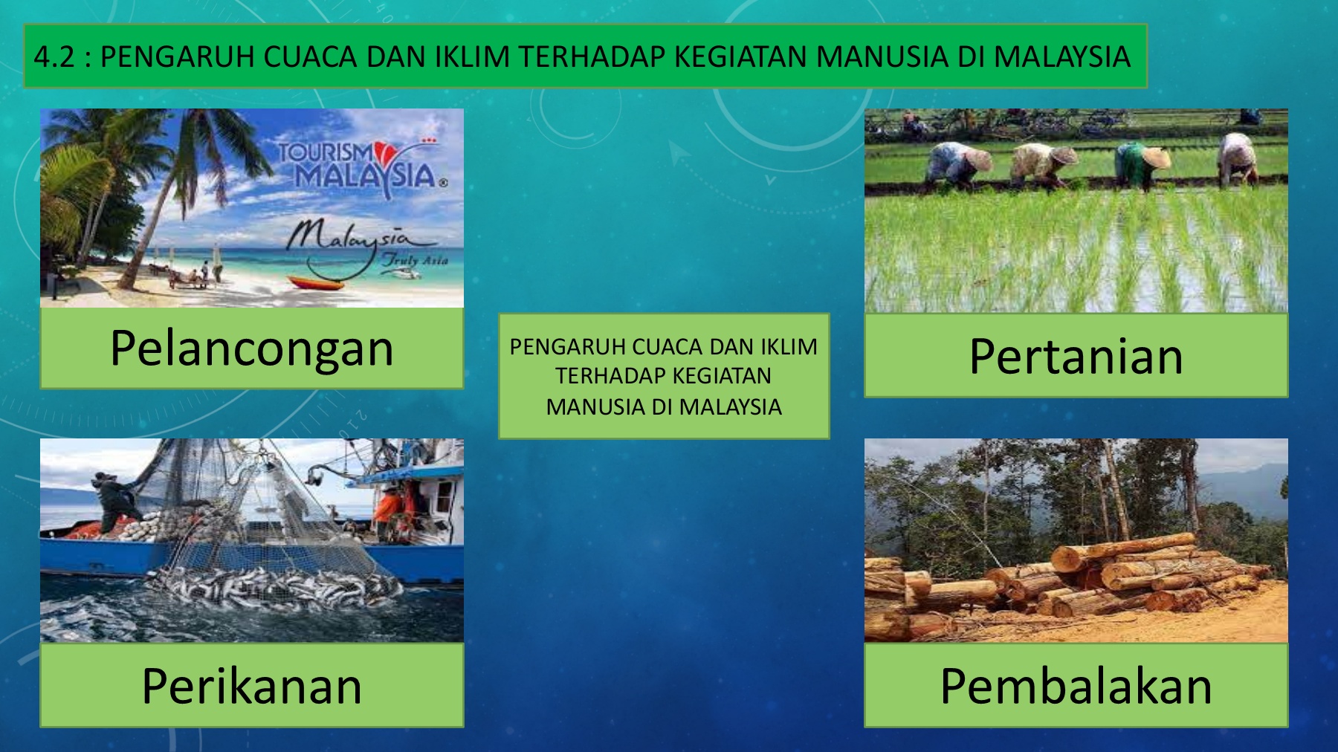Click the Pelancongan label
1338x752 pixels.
[251, 349]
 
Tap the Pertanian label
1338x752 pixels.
[1076, 356]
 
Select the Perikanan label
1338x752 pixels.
[251, 685]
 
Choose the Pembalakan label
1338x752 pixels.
[1076, 685]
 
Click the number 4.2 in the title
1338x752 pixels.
[54, 56]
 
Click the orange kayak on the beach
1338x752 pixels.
[316, 283]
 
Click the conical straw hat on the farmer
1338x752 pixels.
[1156, 158]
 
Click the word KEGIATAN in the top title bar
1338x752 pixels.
[740, 56]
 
